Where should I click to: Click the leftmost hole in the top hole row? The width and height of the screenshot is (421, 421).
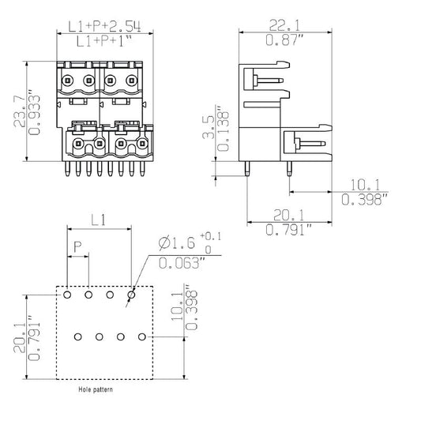coord(68,295)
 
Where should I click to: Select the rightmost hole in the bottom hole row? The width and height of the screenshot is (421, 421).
coord(141,337)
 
